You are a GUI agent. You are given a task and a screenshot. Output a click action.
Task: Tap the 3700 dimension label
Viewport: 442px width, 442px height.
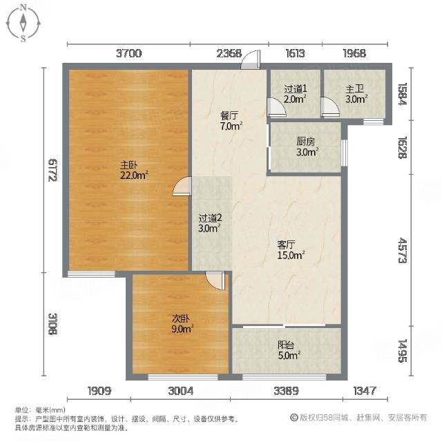pos(129,53)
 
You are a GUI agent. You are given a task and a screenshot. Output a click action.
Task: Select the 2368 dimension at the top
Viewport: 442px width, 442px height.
pos(229,53)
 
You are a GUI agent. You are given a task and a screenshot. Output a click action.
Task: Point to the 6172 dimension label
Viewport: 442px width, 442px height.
pos(52,171)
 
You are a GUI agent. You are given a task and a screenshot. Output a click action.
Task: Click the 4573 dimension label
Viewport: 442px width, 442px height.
pos(402,250)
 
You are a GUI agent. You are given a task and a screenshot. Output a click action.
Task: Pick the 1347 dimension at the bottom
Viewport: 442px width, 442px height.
pos(365,391)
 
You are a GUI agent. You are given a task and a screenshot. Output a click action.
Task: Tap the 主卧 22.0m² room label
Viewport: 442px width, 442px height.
pos(134,171)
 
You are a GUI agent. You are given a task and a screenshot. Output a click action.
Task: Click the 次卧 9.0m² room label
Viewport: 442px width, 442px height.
pos(182,324)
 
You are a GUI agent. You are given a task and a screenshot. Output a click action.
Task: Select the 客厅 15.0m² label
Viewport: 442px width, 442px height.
pos(291,250)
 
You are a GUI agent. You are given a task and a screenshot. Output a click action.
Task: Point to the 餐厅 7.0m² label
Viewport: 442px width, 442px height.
pos(231,121)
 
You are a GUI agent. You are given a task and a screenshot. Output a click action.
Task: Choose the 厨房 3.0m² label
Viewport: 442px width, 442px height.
pos(307,147)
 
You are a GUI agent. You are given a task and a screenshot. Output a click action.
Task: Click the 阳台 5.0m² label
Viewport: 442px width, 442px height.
pos(289,350)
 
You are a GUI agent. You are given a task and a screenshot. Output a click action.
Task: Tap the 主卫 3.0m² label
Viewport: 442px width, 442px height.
pos(356,95)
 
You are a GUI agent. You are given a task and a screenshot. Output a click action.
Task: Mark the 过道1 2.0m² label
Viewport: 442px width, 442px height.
pos(295,95)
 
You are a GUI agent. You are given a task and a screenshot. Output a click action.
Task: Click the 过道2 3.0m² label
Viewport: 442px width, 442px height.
pos(210,223)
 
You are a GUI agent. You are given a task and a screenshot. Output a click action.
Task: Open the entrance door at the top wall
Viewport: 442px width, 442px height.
pos(250,59)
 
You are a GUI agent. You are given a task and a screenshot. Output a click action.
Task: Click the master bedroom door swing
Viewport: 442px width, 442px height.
pos(182,186)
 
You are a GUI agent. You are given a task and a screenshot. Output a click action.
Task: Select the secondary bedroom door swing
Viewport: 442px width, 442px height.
pos(215,281)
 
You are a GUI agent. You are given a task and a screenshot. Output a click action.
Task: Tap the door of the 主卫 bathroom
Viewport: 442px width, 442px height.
pos(330,107)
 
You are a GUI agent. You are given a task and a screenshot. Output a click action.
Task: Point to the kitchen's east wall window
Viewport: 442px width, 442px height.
pos(344,153)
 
